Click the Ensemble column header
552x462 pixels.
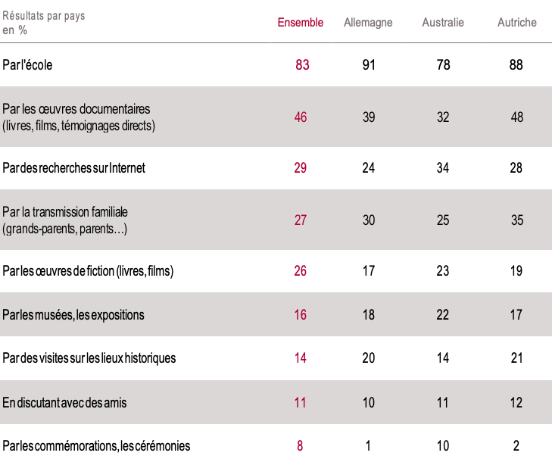coord(301,23)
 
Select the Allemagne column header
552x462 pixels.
coord(368,23)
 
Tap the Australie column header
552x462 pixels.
coord(443,23)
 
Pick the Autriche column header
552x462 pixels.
coord(517,23)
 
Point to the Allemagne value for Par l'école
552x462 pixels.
coord(369,65)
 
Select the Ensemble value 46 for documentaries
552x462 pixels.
coord(301,117)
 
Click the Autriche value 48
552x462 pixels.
coord(516,117)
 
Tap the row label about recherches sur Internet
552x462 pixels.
coord(74,168)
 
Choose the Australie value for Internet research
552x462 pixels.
coord(443,168)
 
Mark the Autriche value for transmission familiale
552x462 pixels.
coord(516,220)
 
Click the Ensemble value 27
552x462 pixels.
coord(301,220)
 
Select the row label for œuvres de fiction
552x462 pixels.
coord(89,271)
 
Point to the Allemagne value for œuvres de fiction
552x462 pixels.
coord(369,271)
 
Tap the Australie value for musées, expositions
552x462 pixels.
coord(443,314)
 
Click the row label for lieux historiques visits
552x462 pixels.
coord(89,357)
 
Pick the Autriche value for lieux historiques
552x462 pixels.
coord(516,357)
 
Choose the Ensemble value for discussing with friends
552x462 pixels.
coord(301,403)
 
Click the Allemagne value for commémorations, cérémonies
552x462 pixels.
coord(369,446)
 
